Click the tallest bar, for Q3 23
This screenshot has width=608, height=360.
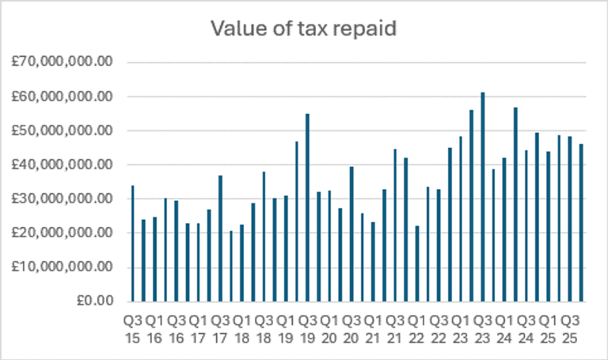click(482, 198)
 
